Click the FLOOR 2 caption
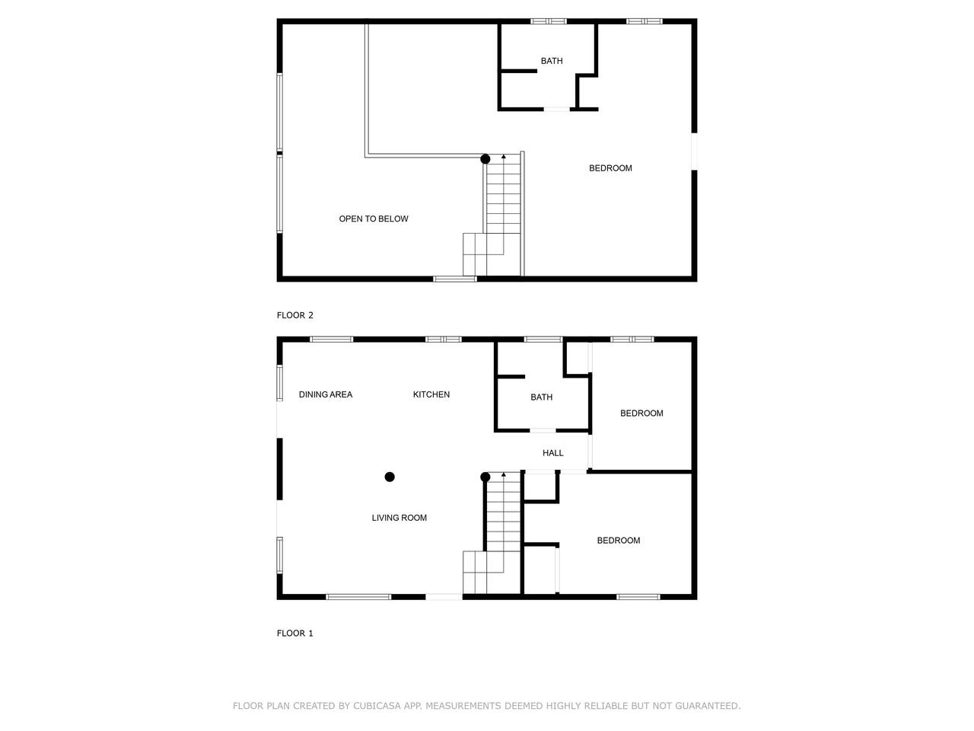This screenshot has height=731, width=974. (294, 315)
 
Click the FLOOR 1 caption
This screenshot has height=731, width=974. (294, 633)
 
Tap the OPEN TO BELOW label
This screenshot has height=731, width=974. (373, 219)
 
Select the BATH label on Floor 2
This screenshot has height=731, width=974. (552, 61)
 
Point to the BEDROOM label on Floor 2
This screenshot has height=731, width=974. (610, 168)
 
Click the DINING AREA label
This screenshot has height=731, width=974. (325, 394)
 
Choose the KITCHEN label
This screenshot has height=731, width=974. (431, 394)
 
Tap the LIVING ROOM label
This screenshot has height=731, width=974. (399, 518)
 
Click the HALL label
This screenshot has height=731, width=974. (553, 453)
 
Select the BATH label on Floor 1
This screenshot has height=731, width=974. (541, 397)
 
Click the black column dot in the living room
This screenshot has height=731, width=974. (390, 477)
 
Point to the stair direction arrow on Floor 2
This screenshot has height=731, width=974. (504, 157)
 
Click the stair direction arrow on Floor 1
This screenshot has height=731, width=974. (504, 474)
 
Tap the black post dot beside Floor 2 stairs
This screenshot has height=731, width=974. (485, 159)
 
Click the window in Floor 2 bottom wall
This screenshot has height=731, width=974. (455, 279)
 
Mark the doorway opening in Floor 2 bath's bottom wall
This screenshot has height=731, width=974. (557, 109)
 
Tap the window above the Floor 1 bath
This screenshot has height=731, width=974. (543, 340)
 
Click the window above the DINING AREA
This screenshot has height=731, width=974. (332, 340)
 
